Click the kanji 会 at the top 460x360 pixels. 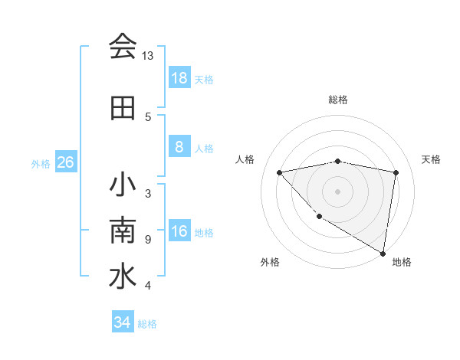[123, 47]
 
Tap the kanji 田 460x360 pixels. [123, 109]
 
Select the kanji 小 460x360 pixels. [123, 186]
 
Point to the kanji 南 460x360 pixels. [123, 231]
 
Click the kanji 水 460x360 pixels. [123, 277]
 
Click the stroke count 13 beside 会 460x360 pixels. [148, 56]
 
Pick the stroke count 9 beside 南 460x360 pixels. [147, 240]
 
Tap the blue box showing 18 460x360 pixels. [179, 78]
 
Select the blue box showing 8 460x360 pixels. [179, 148]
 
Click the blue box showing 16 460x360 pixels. [179, 232]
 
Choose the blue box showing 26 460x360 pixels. [65, 163]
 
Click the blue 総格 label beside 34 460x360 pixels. [147, 324]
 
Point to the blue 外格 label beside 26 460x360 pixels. [41, 164]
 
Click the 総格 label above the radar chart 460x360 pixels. [338, 100]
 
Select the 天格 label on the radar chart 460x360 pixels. [432, 159]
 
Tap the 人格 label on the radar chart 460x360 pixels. [245, 159]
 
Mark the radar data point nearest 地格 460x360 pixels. [383, 253]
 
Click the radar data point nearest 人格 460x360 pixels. [280, 172]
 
